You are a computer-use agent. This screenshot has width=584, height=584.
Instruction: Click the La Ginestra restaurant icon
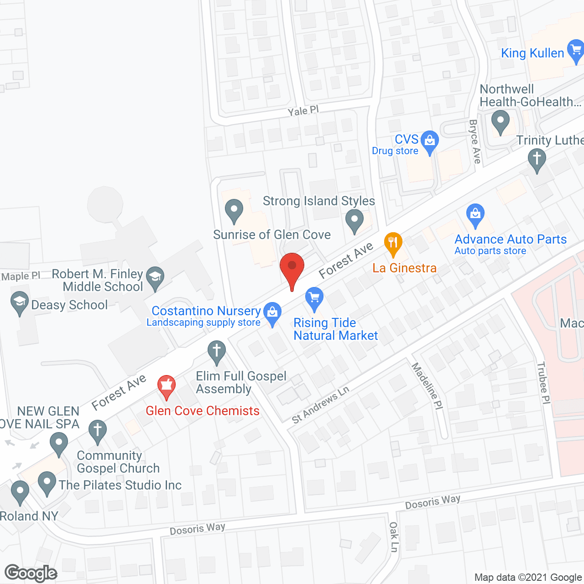pyautogui.click(x=393, y=243)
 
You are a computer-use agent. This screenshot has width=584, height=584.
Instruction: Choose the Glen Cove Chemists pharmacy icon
pyautogui.click(x=167, y=386)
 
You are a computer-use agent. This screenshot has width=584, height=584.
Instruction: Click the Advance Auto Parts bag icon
pyautogui.click(x=475, y=214)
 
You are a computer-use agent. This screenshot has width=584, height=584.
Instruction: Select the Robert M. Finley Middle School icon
pyautogui.click(x=155, y=278)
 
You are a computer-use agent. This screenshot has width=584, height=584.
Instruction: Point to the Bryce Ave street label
pyautogui.click(x=475, y=141)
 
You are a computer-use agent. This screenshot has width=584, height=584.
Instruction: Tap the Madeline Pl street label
pyautogui.click(x=427, y=386)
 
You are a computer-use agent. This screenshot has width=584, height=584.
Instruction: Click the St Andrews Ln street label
pyautogui.click(x=321, y=404)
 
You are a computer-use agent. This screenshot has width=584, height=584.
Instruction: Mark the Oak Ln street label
pyautogui.click(x=394, y=537)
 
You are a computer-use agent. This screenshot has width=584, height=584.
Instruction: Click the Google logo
pyautogui.click(x=31, y=573)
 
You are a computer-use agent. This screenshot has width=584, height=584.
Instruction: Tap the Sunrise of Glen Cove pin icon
pyautogui.click(x=234, y=211)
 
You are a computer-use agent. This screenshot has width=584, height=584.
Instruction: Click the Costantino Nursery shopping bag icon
pyautogui.click(x=272, y=313)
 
